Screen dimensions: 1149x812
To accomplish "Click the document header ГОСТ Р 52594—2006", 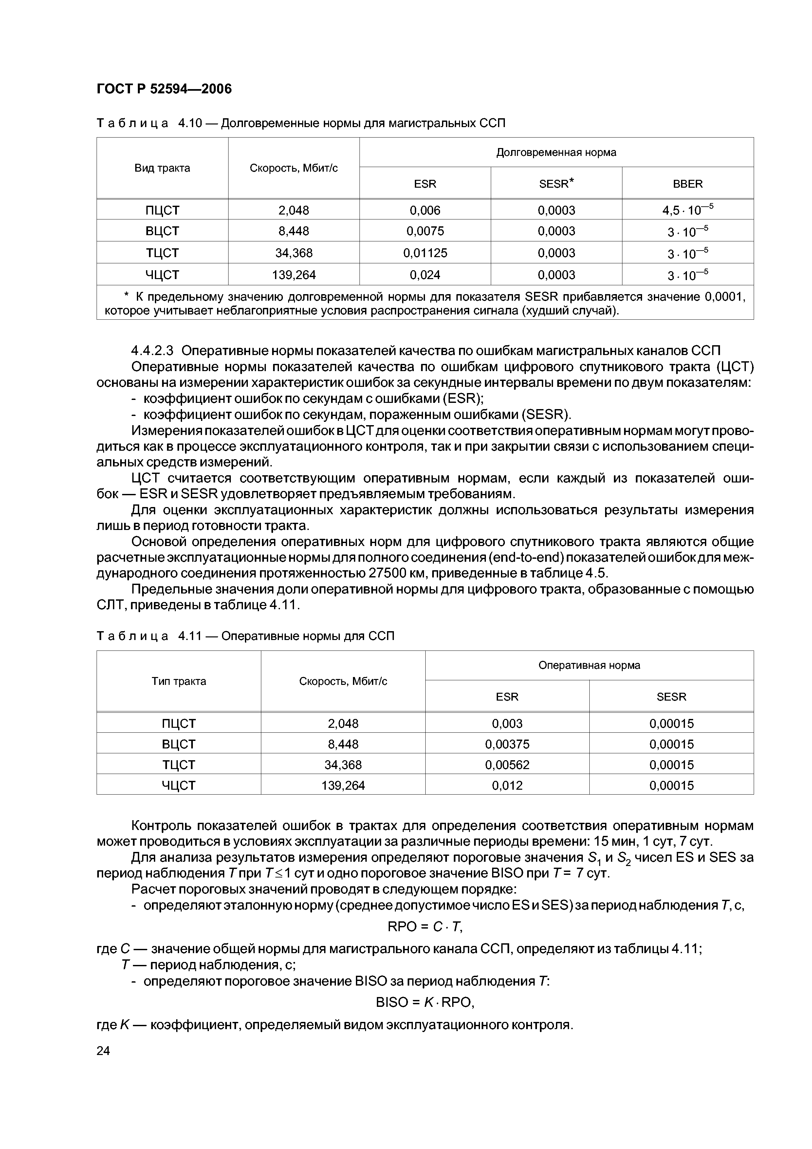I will (164, 89).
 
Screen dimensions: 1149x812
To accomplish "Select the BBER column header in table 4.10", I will (688, 184).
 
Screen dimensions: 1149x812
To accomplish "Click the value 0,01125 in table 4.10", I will (425, 253).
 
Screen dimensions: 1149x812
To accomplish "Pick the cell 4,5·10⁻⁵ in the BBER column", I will (688, 210).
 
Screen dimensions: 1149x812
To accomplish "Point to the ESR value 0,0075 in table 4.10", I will (425, 231).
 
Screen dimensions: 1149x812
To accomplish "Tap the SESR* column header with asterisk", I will (556, 184).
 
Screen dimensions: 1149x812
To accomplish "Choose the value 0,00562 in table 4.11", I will (507, 765).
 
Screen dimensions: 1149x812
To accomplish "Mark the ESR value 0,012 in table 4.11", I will (507, 785).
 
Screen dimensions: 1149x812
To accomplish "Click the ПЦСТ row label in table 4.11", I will (179, 724).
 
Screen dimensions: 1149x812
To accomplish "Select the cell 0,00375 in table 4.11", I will (507, 744).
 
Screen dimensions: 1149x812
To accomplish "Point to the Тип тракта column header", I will (179, 681).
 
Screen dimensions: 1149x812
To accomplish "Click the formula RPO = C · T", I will (425, 927).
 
